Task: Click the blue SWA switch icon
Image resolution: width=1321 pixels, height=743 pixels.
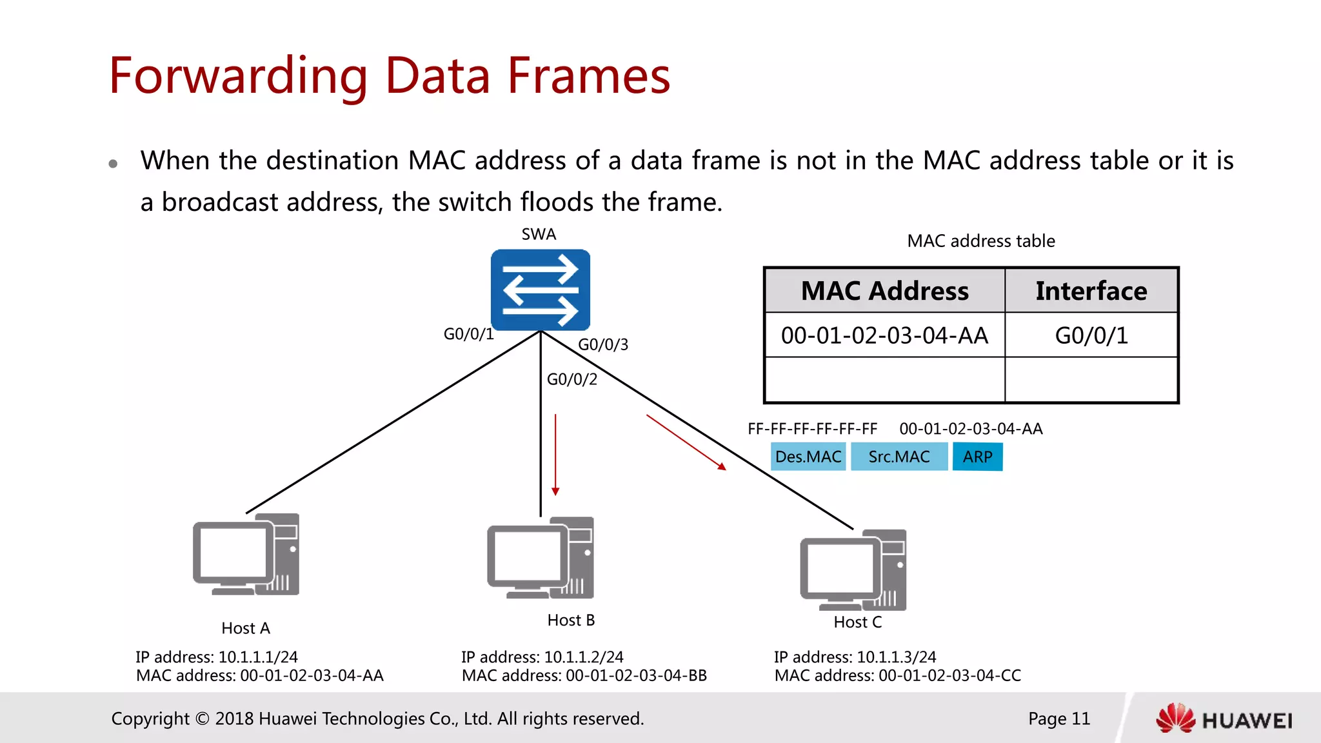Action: click(x=541, y=290)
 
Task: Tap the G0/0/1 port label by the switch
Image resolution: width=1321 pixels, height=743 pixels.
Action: click(x=468, y=334)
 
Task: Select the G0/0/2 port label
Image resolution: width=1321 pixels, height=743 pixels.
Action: click(x=571, y=379)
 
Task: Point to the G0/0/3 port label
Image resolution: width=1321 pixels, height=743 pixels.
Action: click(x=602, y=344)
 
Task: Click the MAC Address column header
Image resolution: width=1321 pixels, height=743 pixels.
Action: click(x=884, y=291)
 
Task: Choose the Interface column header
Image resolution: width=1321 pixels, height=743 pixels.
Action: click(x=1091, y=291)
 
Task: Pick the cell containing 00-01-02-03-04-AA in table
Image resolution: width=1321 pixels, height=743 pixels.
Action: click(x=884, y=335)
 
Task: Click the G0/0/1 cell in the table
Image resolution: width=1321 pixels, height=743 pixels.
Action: click(x=1091, y=335)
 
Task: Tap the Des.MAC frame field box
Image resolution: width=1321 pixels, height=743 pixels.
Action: click(x=808, y=457)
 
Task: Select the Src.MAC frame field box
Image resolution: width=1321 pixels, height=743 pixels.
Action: click(x=899, y=457)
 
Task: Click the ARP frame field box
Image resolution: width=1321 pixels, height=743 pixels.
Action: click(x=977, y=457)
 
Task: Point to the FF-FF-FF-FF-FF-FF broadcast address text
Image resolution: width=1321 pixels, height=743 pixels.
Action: click(x=812, y=429)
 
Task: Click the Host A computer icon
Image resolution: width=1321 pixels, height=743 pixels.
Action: click(x=246, y=555)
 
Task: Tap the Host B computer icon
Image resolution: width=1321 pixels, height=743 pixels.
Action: click(x=541, y=558)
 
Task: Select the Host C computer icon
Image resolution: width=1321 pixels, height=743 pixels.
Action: click(x=853, y=570)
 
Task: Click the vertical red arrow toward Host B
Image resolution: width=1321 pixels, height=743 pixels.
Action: click(x=555, y=455)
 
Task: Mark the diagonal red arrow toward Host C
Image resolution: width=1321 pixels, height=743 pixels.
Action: click(x=686, y=442)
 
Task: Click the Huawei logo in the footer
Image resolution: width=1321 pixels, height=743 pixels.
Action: click(x=1224, y=718)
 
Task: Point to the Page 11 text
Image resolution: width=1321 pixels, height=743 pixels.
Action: click(x=1058, y=718)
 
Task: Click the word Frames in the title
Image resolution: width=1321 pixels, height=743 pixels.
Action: click(x=588, y=76)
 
